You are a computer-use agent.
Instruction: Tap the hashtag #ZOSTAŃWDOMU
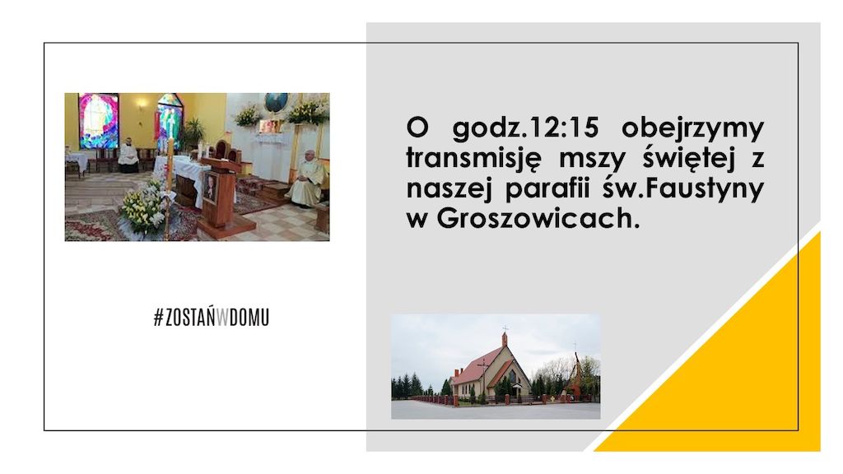[x=212, y=318]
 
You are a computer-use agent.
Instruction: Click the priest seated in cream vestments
[x=308, y=179]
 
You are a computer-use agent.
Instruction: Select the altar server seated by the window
[x=128, y=156]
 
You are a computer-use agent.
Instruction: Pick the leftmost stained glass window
[x=99, y=121]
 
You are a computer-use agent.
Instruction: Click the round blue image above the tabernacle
[x=276, y=102]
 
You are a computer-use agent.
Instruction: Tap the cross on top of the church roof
[x=505, y=328]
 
